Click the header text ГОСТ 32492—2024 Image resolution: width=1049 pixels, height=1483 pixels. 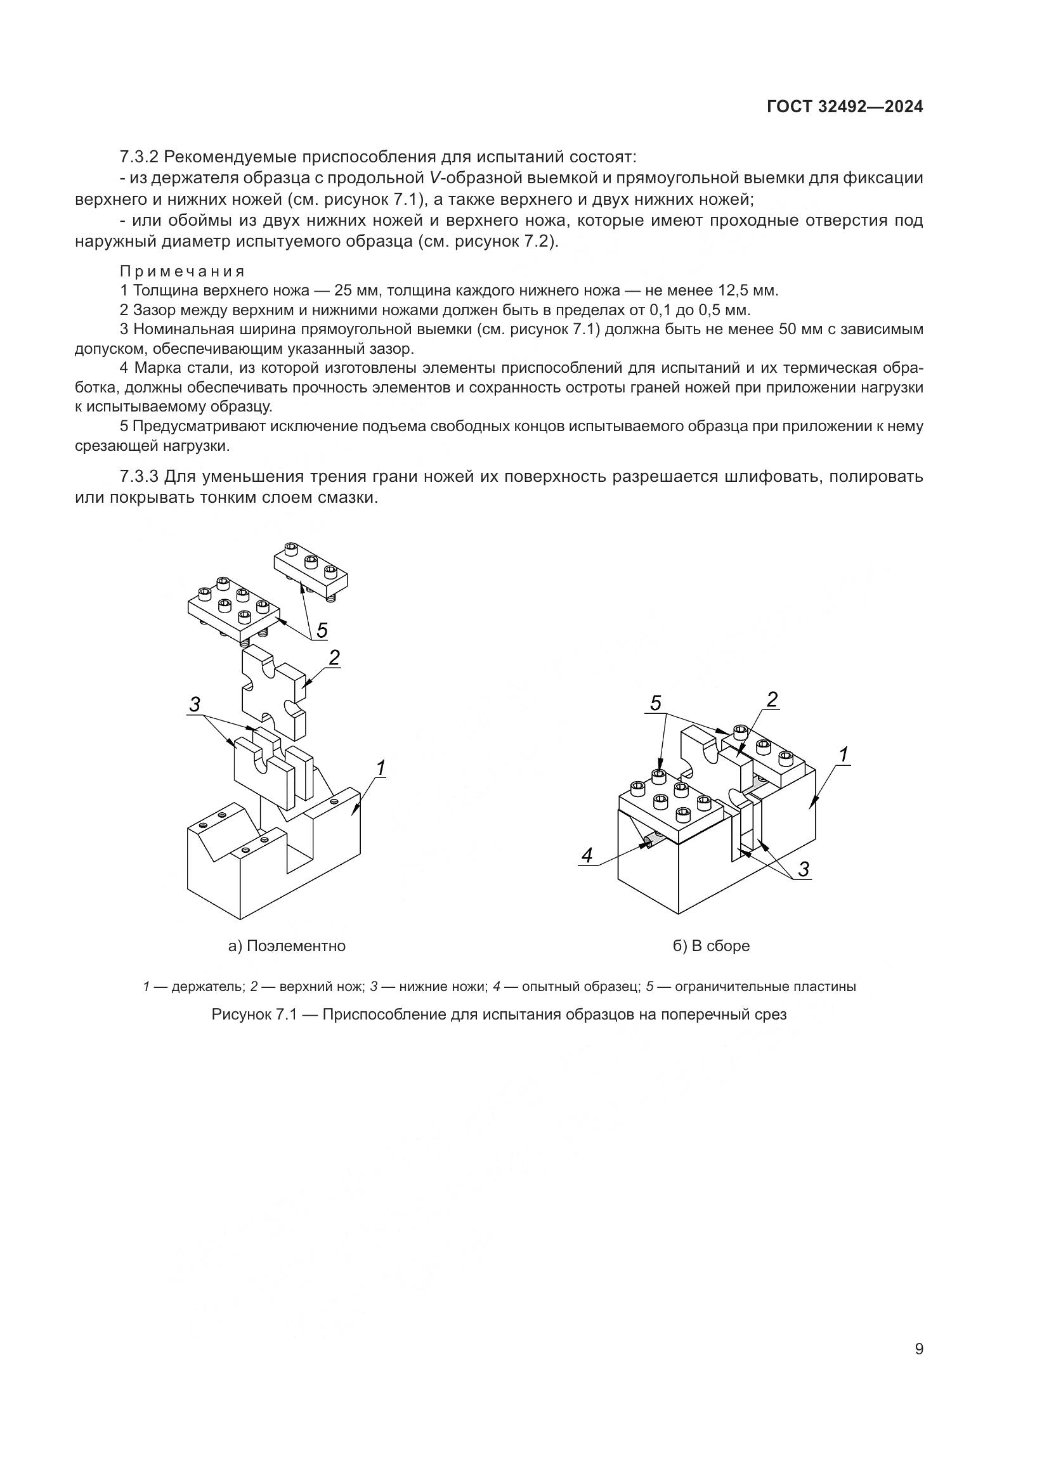pos(844,107)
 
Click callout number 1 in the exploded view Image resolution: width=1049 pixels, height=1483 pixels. pos(381,768)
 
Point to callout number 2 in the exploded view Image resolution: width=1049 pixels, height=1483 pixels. pos(334,657)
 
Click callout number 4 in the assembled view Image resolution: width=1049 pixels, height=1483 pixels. pos(587,855)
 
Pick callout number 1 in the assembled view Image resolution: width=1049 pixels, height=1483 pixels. pos(843,754)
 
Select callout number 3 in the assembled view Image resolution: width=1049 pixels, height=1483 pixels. pos(803,869)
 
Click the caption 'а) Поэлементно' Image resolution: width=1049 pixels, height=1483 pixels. pos(287,945)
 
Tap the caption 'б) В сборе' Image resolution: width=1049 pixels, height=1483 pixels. pos(711,945)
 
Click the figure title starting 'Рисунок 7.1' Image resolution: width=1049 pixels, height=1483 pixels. pos(498,1014)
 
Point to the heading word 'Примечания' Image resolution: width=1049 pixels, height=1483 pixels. pos(182,271)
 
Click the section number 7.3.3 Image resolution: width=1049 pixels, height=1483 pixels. pos(139,477)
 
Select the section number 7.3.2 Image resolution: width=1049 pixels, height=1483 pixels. pos(139,157)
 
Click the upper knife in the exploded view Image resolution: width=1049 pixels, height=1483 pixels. pos(271,691)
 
